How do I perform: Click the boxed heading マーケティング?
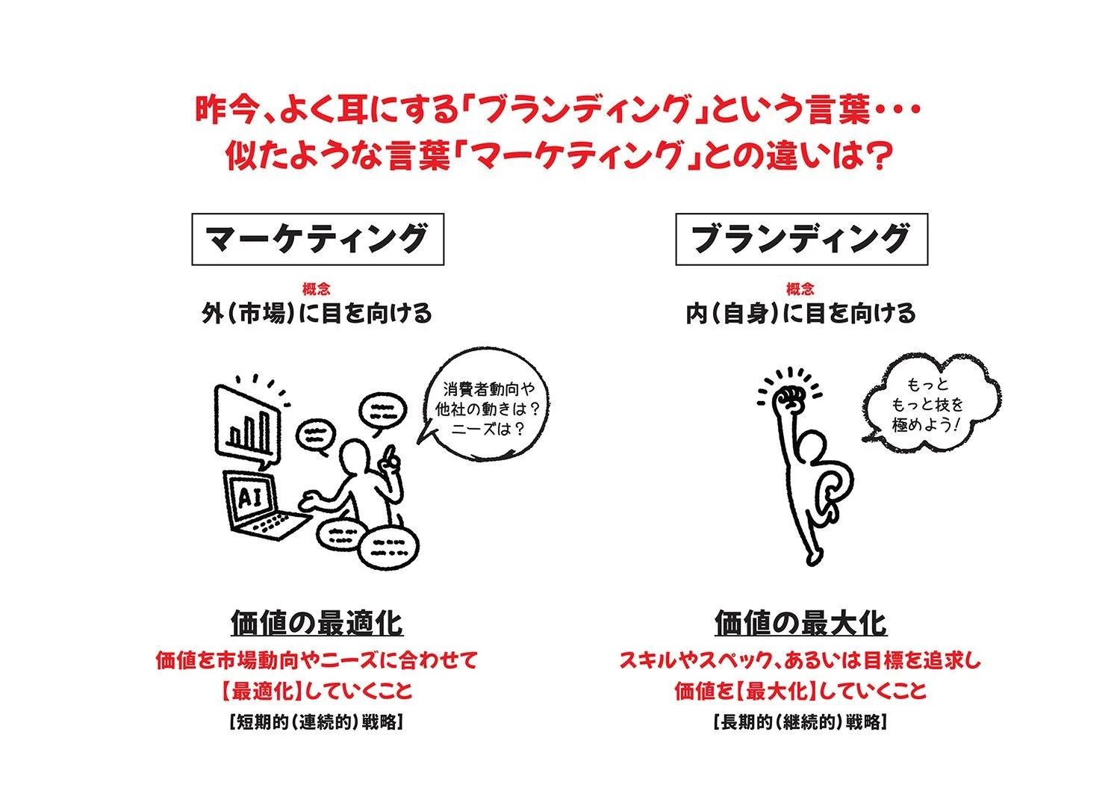[317, 239]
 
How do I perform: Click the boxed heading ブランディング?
[801, 239]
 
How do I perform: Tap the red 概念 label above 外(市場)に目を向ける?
[317, 289]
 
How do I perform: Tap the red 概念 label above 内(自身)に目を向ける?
[800, 289]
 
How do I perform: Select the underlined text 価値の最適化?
[317, 623]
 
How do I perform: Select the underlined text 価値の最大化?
[800, 623]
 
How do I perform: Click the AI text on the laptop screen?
[249, 497]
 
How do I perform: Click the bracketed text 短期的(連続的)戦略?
[317, 723]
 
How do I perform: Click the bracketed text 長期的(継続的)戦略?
[800, 723]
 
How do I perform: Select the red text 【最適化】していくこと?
[317, 691]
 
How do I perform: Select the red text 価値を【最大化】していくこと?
[800, 691]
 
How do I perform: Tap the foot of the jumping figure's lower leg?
[813, 556]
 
